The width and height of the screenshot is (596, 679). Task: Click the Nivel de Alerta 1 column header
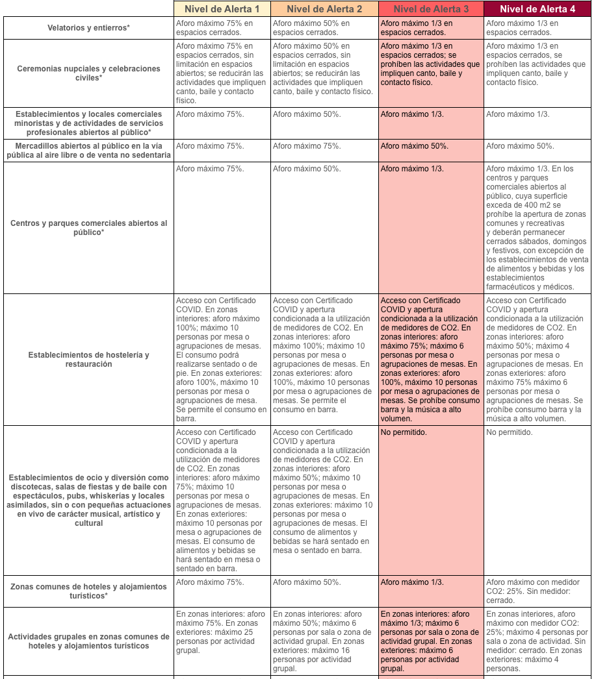click(x=222, y=8)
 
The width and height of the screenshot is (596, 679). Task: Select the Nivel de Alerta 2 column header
click(x=324, y=8)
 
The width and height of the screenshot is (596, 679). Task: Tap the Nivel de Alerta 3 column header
click(x=431, y=8)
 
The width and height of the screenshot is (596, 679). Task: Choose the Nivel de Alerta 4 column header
click(x=538, y=8)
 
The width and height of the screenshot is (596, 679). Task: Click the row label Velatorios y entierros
click(x=88, y=28)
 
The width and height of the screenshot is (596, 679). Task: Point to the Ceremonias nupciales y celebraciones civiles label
click(x=88, y=73)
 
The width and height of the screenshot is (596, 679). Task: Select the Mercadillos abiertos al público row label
click(x=88, y=151)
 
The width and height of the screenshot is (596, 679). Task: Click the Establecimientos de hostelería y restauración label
click(x=88, y=360)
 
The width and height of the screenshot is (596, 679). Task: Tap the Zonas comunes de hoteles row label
click(x=88, y=591)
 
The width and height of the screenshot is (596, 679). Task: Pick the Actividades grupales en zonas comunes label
click(x=88, y=641)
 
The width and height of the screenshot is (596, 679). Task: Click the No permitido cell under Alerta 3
click(x=431, y=500)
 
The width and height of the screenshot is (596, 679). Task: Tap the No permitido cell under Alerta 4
click(x=538, y=500)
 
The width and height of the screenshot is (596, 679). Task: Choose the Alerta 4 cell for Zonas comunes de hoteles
click(x=538, y=591)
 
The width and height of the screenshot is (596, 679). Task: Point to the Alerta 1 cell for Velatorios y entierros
click(x=222, y=28)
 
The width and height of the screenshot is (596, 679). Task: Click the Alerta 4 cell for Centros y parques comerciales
click(x=538, y=228)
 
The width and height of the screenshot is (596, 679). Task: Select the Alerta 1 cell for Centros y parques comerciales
click(x=222, y=228)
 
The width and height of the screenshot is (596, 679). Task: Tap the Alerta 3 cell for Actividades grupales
click(x=431, y=641)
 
